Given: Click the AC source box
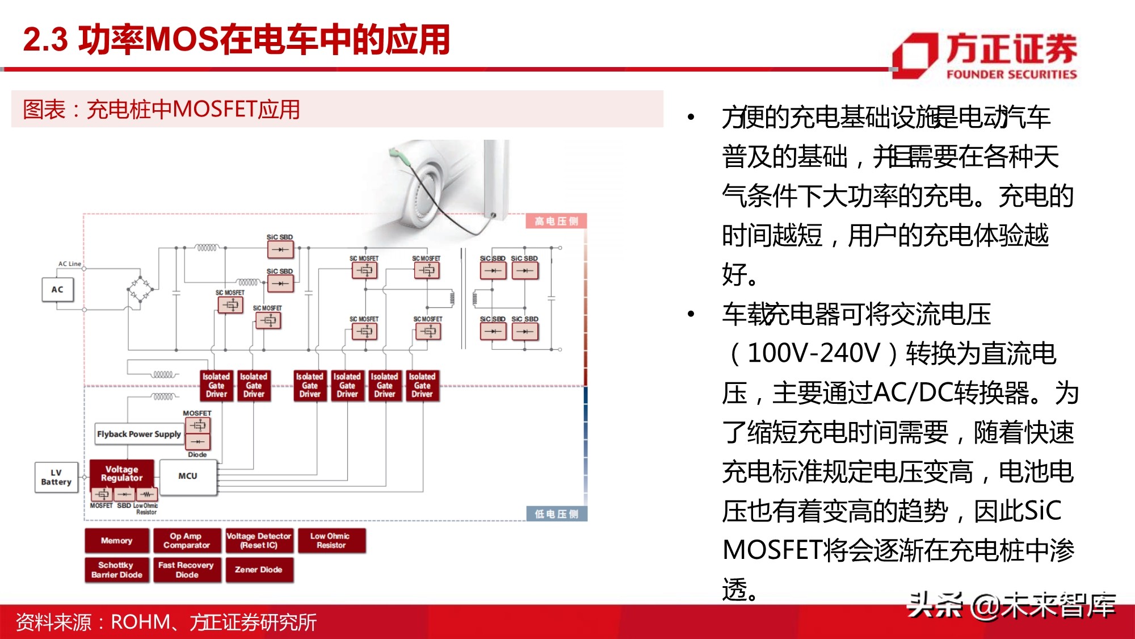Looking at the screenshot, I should (x=57, y=290).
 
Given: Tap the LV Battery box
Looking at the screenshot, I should (x=56, y=477).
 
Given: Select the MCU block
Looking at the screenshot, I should (x=188, y=477).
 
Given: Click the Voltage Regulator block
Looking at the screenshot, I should (x=121, y=474).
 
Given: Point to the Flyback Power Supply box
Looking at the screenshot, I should (x=138, y=434).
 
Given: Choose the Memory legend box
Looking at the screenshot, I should (x=117, y=541).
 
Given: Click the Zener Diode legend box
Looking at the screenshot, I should (x=259, y=570).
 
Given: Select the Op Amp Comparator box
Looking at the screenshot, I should (x=186, y=541).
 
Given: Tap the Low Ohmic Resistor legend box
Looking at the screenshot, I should (x=330, y=541).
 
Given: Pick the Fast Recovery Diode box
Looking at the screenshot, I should (x=186, y=570).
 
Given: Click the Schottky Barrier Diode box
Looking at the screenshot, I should (x=117, y=570).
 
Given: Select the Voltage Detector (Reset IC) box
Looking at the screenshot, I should (x=259, y=541).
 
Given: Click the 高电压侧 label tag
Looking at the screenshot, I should (x=556, y=221).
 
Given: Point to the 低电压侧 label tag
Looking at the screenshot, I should (x=556, y=514).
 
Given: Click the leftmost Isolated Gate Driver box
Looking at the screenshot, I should (x=216, y=385).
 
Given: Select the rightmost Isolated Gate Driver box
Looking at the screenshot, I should (x=422, y=385).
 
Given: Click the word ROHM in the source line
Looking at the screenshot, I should (x=140, y=623).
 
